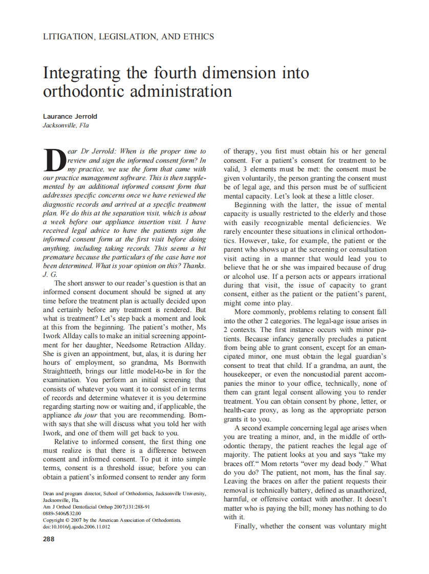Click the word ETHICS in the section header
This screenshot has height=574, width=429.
coord(196,37)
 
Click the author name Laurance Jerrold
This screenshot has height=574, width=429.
coord(70,117)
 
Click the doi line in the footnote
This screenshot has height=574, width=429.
coord(76,526)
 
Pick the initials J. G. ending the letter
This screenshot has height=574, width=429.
coord(50,274)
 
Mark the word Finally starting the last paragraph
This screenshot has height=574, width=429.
coord(247,526)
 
